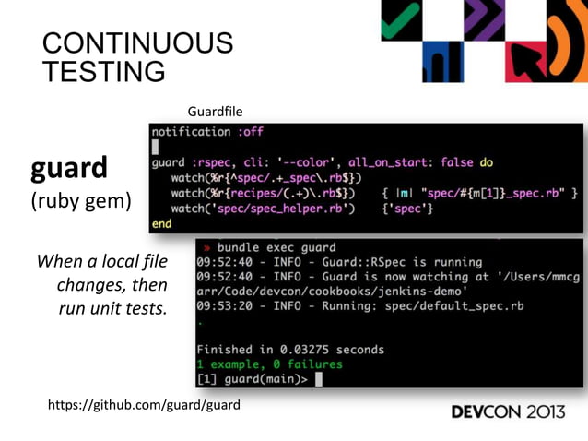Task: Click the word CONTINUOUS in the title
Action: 137,43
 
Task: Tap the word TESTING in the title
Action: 104,70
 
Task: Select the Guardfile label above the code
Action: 215,112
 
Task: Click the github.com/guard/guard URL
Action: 143,404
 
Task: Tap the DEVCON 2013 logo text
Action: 508,411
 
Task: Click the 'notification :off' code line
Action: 207,132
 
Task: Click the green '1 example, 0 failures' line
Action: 269,364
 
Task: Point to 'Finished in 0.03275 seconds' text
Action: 290,350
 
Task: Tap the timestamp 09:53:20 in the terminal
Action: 221,305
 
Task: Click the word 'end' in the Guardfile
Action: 161,223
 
